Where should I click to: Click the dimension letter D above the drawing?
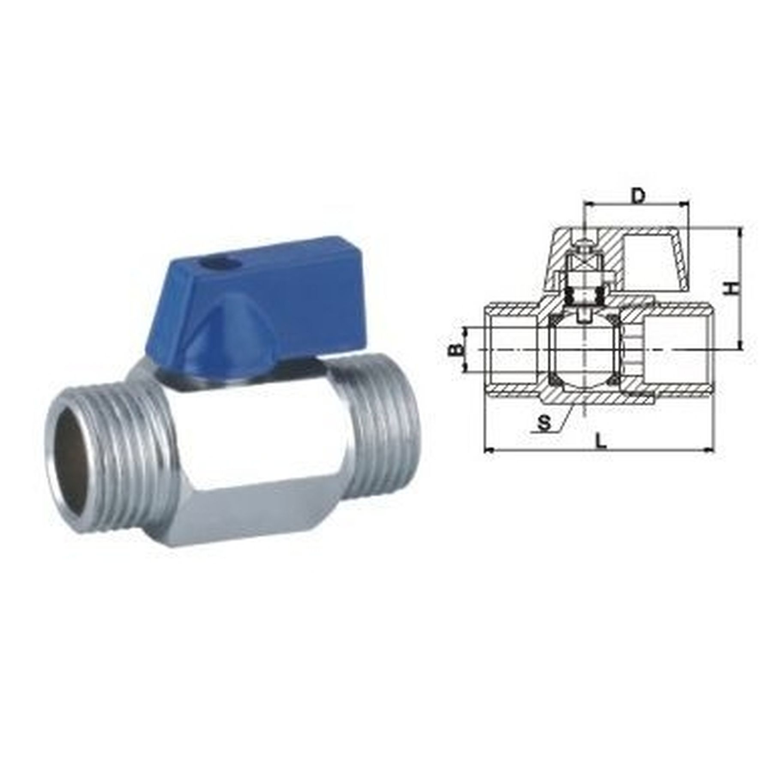tap(639, 196)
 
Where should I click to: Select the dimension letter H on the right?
tap(735, 288)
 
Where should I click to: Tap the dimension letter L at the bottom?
tap(603, 441)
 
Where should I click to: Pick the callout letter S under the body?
tap(544, 423)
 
